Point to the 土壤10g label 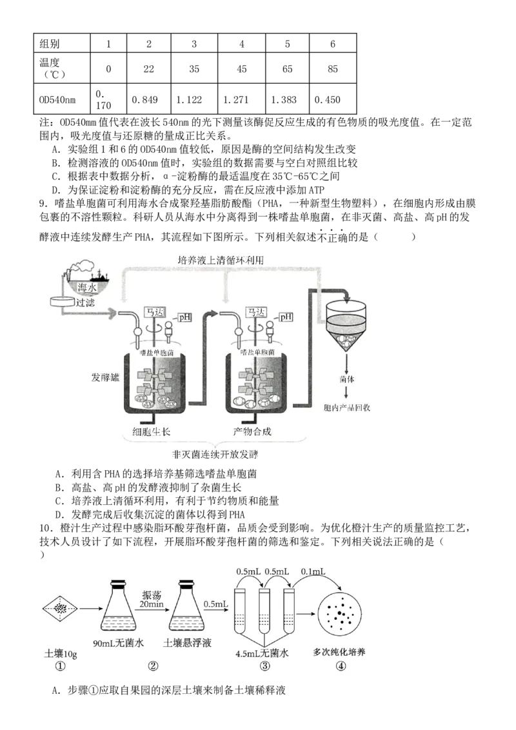[60, 652]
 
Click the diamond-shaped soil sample [61, 607]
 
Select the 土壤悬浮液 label [188, 643]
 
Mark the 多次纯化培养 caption [339, 652]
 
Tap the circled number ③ [264, 666]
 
